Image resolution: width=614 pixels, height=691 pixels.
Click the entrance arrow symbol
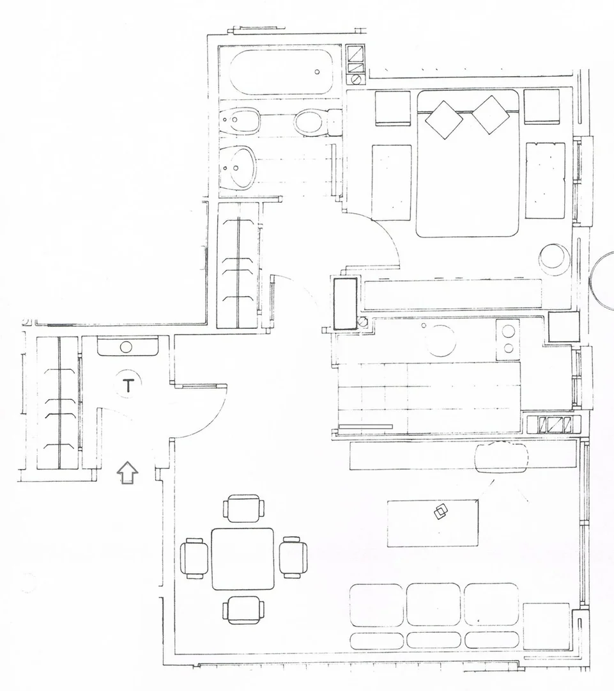tap(127, 473)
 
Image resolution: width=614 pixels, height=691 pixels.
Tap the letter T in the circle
tap(128, 386)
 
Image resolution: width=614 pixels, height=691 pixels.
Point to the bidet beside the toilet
tap(240, 120)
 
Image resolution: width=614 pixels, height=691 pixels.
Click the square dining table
tap(243, 559)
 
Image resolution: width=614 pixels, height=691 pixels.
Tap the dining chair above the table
tap(244, 508)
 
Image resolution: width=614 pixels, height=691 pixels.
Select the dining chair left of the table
tap(194, 558)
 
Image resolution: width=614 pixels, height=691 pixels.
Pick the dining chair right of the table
tap(293, 557)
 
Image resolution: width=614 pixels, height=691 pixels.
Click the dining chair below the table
tap(244, 610)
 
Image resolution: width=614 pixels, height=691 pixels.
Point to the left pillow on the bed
tap(444, 120)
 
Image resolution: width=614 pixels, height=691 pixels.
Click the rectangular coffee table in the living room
tap(433, 523)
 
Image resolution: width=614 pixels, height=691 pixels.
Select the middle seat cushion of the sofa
tap(434, 604)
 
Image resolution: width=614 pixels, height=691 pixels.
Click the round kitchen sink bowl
tap(441, 340)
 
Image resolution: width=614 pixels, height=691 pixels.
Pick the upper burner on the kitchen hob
tap(509, 330)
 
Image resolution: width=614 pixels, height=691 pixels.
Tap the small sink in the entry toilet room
tap(127, 346)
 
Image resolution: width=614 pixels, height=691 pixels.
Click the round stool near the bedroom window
tap(554, 258)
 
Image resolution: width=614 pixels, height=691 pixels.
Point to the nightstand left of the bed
tap(392, 108)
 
